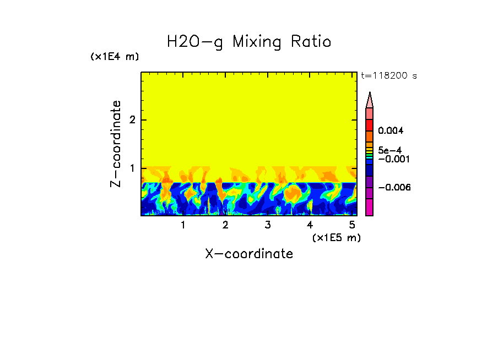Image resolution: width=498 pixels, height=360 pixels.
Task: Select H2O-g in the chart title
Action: (196, 42)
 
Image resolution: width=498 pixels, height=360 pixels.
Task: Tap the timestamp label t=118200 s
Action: (388, 76)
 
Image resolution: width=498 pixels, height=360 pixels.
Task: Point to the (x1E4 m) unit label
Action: (115, 57)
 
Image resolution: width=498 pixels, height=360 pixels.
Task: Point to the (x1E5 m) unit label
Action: (336, 237)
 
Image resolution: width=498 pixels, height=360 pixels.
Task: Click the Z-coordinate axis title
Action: (116, 144)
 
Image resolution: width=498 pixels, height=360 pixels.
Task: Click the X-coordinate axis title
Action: (249, 254)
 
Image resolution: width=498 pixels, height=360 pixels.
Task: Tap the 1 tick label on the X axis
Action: (183, 225)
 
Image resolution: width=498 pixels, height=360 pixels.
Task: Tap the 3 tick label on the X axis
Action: (268, 225)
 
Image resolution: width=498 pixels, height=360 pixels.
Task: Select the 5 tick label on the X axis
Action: (352, 225)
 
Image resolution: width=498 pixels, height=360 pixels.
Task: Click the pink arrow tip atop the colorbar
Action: (370, 100)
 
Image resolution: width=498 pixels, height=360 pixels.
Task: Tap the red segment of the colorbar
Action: (370, 125)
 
